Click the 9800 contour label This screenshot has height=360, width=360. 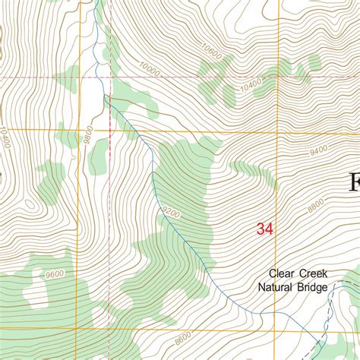click(89, 135)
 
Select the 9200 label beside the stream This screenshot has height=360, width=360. click(172, 215)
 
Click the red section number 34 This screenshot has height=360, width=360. click(265, 229)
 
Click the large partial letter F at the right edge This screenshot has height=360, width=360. click(354, 183)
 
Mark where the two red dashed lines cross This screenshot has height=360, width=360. click(105, 77)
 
